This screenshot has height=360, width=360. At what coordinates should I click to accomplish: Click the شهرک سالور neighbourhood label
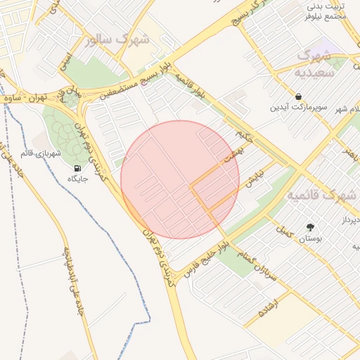117,39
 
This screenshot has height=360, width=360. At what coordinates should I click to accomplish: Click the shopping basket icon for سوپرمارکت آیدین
299,96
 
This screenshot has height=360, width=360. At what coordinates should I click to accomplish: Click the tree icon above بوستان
310,227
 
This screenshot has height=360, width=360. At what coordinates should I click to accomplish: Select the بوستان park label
310,239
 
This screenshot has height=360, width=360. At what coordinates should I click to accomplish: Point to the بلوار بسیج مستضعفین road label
138,83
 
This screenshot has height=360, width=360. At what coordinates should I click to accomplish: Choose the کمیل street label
283,229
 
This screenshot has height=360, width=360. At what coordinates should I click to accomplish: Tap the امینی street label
65,60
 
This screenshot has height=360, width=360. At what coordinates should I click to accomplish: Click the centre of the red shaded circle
180,180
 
